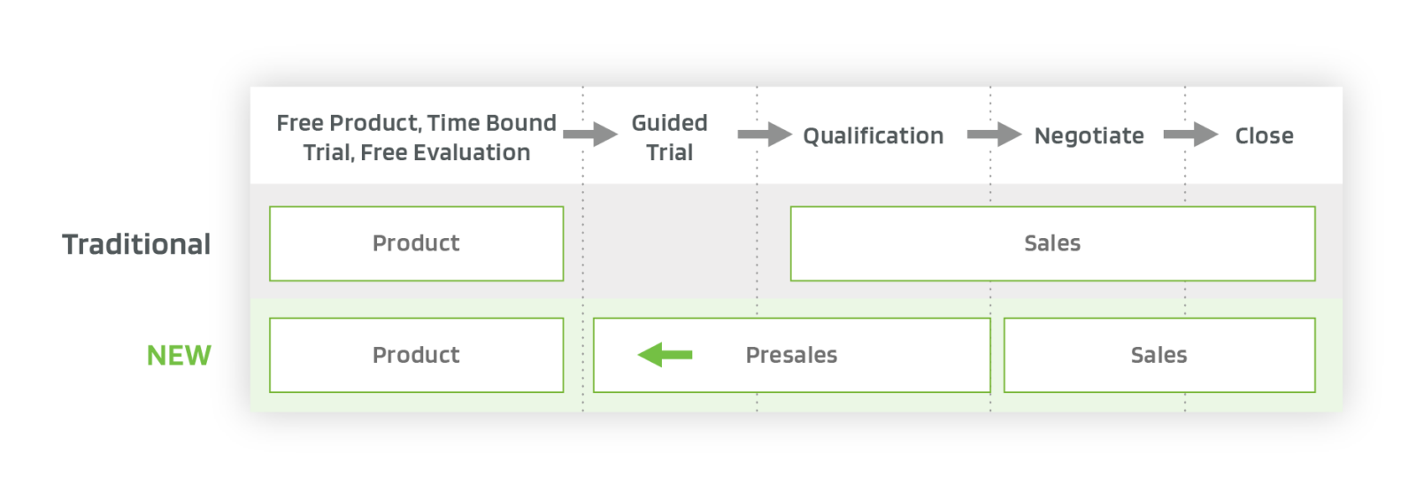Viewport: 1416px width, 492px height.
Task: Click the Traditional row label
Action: click(136, 244)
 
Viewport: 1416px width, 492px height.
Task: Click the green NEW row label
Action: click(179, 355)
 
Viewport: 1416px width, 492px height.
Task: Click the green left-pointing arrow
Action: click(665, 355)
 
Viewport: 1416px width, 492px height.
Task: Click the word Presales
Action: click(791, 355)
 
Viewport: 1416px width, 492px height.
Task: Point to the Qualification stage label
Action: click(873, 135)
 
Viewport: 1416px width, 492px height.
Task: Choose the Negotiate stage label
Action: click(1089, 135)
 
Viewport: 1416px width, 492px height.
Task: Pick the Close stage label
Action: click(1264, 135)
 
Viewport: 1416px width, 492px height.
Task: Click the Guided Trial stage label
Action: click(669, 137)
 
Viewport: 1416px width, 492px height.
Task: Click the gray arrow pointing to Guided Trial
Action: click(590, 135)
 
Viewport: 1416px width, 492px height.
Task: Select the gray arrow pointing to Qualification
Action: click(765, 135)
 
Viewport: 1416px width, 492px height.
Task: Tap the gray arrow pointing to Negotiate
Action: click(994, 135)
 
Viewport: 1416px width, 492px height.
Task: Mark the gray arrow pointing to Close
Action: click(1190, 135)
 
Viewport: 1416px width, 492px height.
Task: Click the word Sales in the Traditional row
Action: click(1052, 243)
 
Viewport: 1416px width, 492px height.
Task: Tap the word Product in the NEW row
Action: click(416, 355)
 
